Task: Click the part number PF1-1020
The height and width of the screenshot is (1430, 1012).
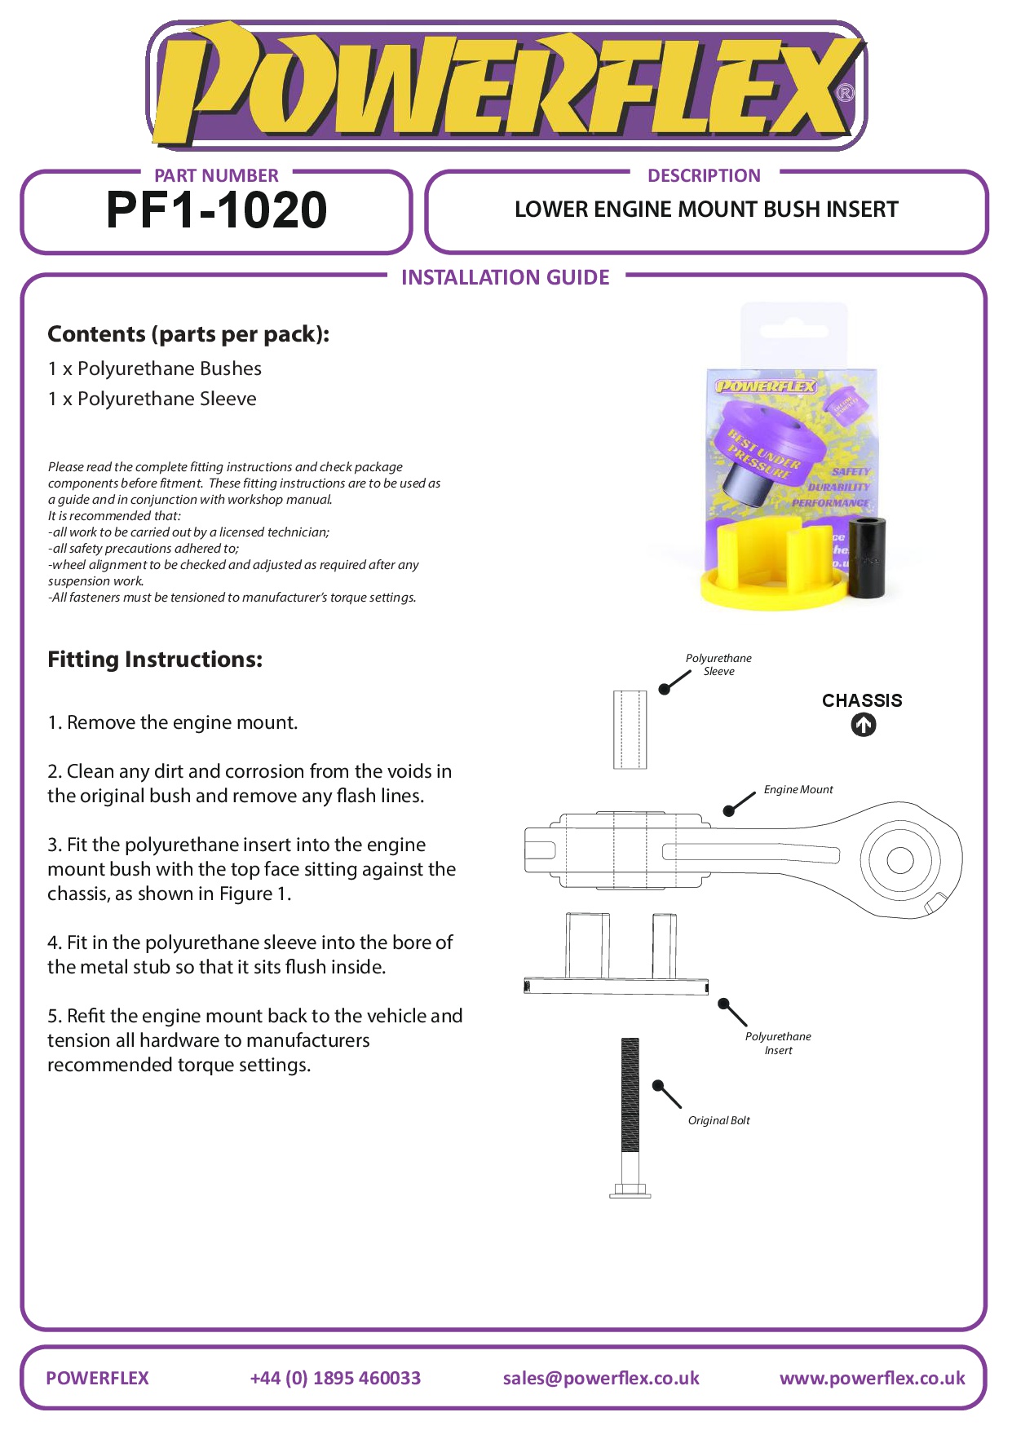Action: coord(216,210)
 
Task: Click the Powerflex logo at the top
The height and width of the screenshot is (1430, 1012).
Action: coord(506,86)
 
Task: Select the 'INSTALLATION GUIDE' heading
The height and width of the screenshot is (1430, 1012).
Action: coord(505,278)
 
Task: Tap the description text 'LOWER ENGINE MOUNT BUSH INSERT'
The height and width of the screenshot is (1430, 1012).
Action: coord(706,210)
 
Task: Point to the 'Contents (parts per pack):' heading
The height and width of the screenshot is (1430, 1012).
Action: coord(188,334)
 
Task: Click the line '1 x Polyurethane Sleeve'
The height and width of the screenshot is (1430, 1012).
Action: coord(152,399)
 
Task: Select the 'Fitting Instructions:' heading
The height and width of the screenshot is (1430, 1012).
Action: coord(155,660)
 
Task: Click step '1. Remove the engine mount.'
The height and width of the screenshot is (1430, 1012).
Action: coord(173,722)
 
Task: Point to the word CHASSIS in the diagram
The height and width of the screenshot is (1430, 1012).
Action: coord(862,700)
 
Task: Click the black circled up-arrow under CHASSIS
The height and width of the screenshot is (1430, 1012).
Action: coord(864,725)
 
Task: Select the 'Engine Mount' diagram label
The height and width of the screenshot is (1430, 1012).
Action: coord(798,789)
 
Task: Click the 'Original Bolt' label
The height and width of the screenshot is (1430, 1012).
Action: coord(718,1120)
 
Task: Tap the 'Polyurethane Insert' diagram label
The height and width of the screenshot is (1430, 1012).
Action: coord(778,1044)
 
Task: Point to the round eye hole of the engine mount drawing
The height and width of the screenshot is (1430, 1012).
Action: coord(899,860)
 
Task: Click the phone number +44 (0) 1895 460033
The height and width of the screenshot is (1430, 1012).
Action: coord(335,1378)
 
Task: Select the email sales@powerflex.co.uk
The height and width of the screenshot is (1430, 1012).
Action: coord(601,1378)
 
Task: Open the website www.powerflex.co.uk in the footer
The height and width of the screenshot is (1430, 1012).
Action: coord(872,1378)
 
